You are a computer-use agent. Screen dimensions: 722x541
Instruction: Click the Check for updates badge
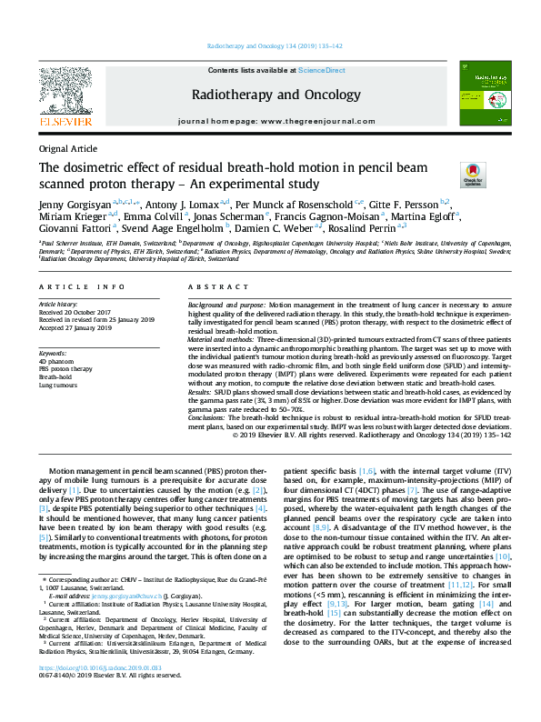473,173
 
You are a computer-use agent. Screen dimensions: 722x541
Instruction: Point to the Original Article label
67,148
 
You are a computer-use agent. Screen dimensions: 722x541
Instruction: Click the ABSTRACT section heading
210,286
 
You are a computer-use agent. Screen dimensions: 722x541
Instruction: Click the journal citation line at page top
270,45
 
